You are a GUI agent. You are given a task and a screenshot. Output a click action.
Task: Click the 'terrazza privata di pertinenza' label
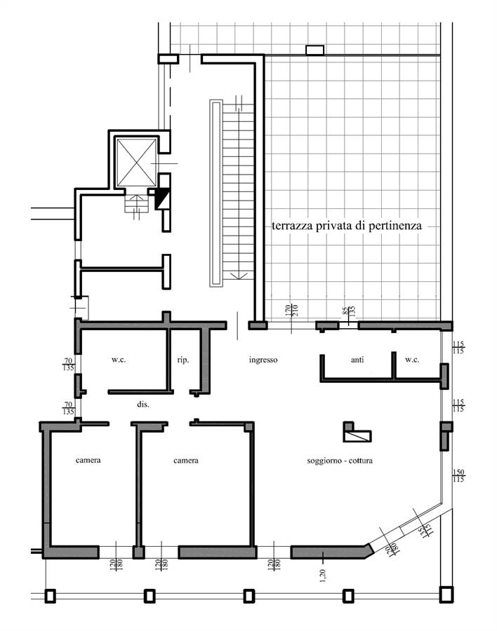[346, 226]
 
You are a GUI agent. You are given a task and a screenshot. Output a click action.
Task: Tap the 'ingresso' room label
[263, 360]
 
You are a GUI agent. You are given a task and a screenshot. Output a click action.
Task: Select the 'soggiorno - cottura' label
[339, 461]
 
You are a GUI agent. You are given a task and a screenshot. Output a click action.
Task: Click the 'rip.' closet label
[183, 360]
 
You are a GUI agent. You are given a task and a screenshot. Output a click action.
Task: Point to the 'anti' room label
[357, 360]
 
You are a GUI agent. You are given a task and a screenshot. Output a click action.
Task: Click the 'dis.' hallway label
[143, 404]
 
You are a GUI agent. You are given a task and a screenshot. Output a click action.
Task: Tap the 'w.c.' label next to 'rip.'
[119, 360]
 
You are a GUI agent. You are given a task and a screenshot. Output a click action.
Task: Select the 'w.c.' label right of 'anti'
[412, 360]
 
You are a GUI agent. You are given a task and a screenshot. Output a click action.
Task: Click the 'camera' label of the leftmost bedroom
[88, 460]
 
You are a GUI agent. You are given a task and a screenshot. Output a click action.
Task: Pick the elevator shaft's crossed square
[136, 162]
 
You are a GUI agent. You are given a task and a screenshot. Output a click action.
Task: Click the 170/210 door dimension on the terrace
[291, 311]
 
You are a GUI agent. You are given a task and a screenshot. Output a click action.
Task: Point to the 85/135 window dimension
[349, 311]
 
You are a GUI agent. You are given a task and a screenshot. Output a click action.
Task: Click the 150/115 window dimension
[458, 475]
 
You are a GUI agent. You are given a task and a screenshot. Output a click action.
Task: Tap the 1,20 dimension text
[322, 575]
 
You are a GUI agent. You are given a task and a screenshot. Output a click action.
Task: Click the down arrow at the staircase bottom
[239, 276]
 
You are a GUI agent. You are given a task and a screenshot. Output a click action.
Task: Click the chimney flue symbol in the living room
[357, 432]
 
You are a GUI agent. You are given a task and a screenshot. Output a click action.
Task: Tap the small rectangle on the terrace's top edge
[314, 50]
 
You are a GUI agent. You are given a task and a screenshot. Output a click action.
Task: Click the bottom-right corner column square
[446, 595]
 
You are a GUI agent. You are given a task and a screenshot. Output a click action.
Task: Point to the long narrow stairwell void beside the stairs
[216, 194]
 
